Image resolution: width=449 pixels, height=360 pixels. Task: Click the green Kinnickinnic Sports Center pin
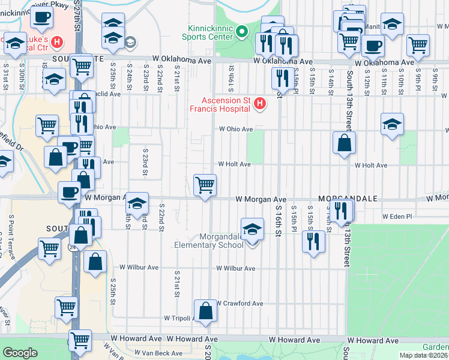[x=242, y=31]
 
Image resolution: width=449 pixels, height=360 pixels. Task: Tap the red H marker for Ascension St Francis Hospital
[x=260, y=104]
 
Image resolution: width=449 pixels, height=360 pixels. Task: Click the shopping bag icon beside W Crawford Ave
[x=206, y=311]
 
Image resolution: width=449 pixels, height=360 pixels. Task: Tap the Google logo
[x=20, y=353]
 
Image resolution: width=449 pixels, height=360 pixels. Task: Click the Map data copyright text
[x=424, y=355]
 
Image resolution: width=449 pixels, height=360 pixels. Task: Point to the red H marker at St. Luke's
[x=57, y=42]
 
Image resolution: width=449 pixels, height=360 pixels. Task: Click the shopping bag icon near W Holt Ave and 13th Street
[x=345, y=143]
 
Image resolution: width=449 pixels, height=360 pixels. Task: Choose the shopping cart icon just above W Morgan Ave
[x=205, y=185]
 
